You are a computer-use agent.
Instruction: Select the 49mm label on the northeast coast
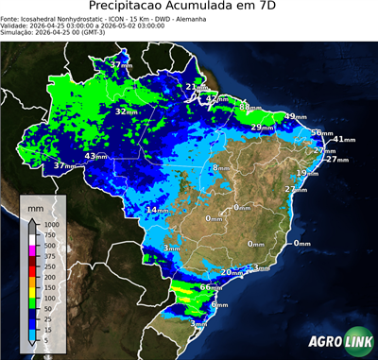pyautogui.click(x=296, y=116)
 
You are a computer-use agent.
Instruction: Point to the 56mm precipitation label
pyautogui.click(x=321, y=133)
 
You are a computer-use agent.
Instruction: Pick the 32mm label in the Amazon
pyautogui.click(x=126, y=111)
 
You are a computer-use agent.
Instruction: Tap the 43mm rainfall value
pyautogui.click(x=96, y=156)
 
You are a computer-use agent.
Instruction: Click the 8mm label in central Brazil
pyautogui.click(x=219, y=168)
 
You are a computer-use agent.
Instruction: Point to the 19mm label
pyautogui.click(x=307, y=173)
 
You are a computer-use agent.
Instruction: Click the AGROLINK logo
pyautogui.click(x=337, y=341)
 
